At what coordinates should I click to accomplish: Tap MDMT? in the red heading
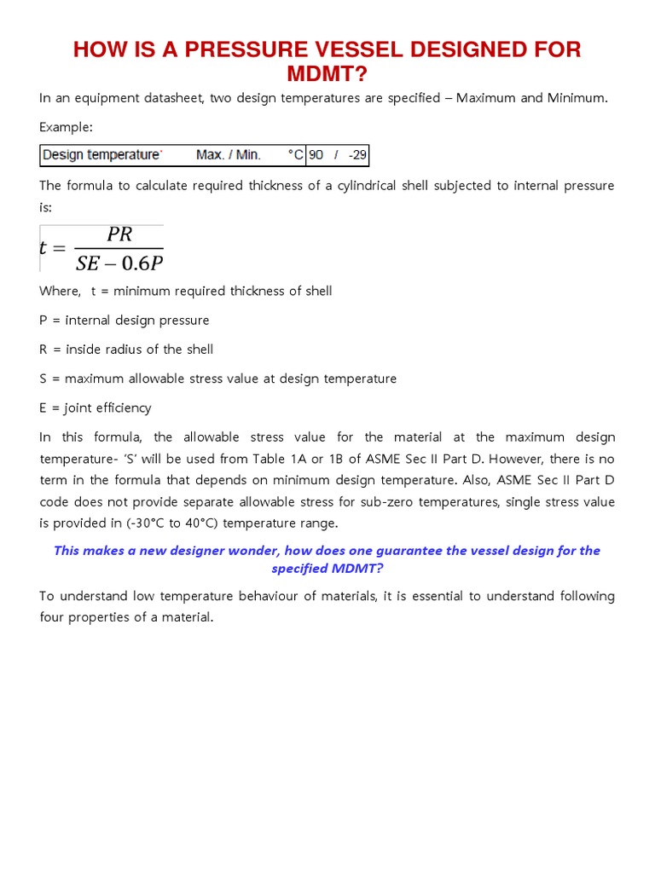pyautogui.click(x=327, y=73)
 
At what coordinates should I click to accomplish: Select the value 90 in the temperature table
pyautogui.click(x=316, y=155)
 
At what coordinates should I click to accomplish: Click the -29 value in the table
pyautogui.click(x=356, y=155)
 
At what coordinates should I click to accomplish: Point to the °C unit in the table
pyautogui.click(x=296, y=155)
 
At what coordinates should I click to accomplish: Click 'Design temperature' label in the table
pyautogui.click(x=101, y=155)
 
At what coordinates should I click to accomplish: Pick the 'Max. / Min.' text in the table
pyautogui.click(x=229, y=155)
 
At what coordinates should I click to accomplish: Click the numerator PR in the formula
pyautogui.click(x=119, y=235)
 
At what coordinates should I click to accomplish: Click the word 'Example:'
pyautogui.click(x=66, y=127)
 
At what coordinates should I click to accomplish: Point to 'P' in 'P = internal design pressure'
pyautogui.click(x=43, y=321)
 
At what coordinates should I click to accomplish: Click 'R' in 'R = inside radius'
pyautogui.click(x=43, y=350)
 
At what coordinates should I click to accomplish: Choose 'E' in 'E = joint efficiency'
pyautogui.click(x=43, y=408)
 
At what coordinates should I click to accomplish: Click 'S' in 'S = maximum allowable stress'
pyautogui.click(x=43, y=379)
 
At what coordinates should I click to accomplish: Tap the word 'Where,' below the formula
pyautogui.click(x=60, y=292)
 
